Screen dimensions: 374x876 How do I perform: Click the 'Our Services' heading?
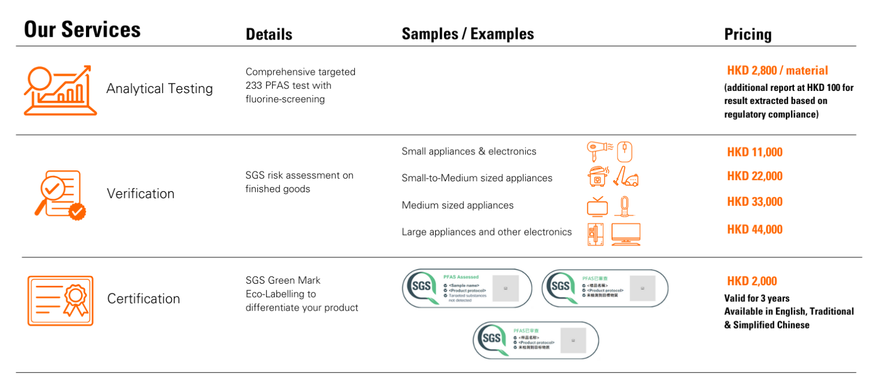pos(82,30)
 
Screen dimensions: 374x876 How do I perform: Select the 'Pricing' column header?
pos(747,34)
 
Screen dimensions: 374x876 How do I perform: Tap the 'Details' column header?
pos(269,34)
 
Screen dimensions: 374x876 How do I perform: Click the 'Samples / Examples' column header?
pos(468,34)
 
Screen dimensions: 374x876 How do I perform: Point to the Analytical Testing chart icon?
pos(60,91)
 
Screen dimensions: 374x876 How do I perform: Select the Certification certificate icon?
pos(60,301)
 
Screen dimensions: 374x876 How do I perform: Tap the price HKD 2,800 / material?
pos(777,71)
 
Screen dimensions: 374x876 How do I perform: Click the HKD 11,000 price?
pos(754,152)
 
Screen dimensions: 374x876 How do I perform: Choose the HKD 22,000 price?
pos(754,176)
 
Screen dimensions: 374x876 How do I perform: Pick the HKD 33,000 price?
pos(754,202)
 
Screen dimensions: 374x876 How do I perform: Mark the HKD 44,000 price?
pos(754,229)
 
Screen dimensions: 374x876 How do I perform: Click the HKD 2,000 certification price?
pos(752,281)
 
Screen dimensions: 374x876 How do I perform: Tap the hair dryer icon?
pos(599,150)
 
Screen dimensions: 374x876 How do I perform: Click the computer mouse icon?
pos(625,152)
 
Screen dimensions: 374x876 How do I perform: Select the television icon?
pos(597,207)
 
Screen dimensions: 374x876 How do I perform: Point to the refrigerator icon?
pos(595,234)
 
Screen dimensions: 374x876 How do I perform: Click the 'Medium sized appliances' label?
pos(457,205)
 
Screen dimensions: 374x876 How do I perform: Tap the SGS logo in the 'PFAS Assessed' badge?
pos(421,286)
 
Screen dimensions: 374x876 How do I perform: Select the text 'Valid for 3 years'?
pos(757,298)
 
